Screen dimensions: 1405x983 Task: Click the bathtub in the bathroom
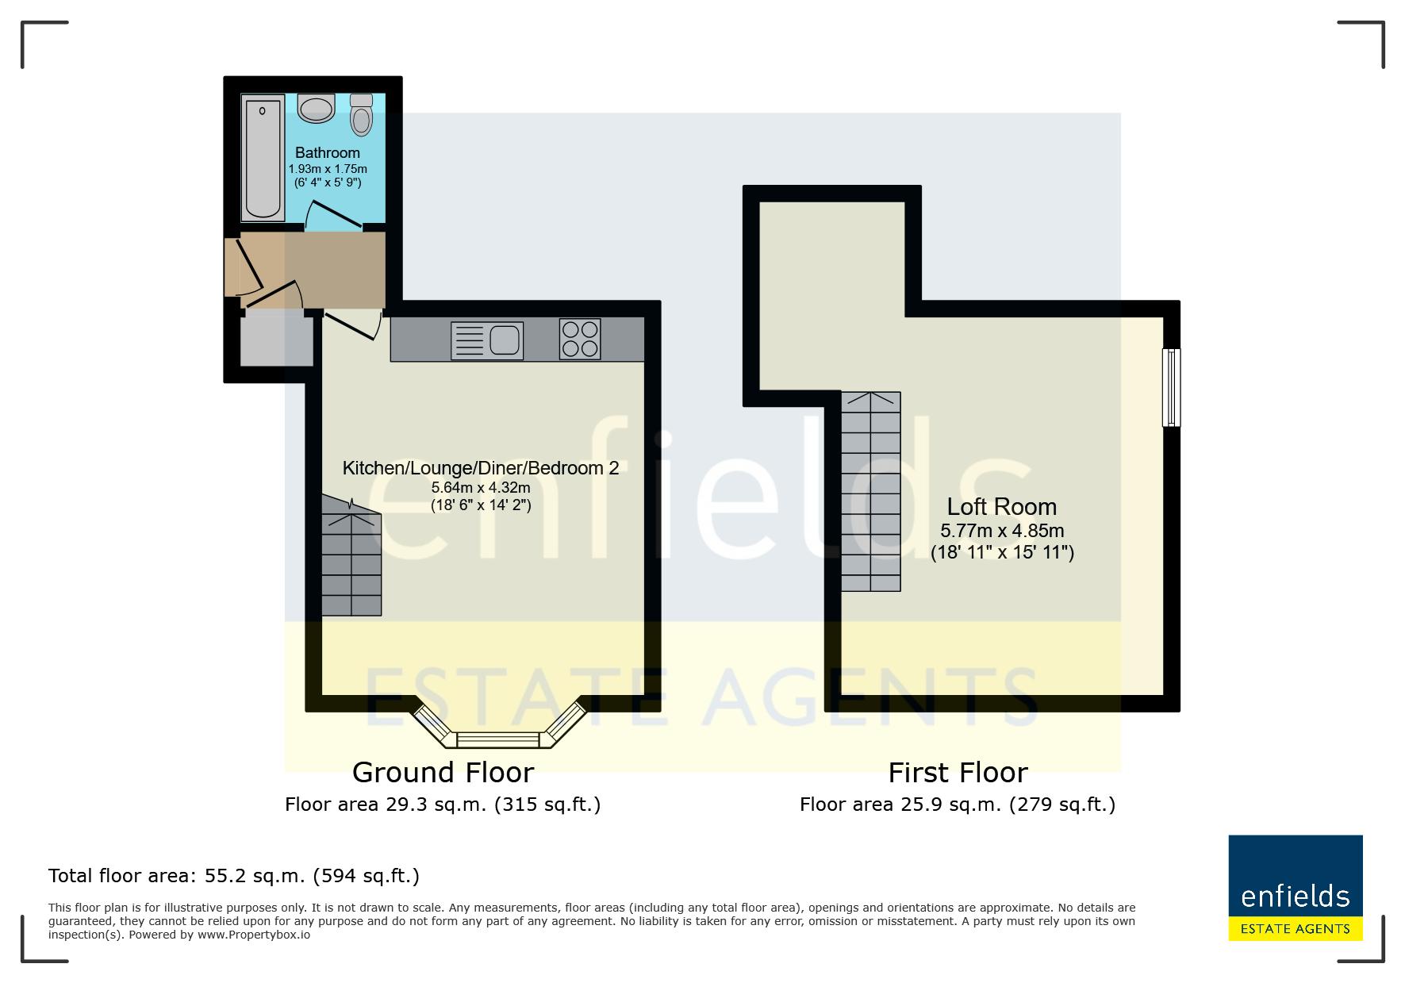coord(263,157)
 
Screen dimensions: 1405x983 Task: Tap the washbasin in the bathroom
coord(316,109)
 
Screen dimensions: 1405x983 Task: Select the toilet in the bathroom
coord(361,115)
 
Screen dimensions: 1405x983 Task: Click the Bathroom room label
coord(328,152)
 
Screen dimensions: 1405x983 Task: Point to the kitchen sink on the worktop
coord(487,340)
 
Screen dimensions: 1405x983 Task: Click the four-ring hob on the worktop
coord(580,340)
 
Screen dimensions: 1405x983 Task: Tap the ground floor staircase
coord(351,556)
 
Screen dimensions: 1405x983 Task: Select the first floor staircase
coord(870,491)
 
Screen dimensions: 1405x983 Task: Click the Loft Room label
coord(1002,506)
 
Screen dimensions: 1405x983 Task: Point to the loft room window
coord(1171,387)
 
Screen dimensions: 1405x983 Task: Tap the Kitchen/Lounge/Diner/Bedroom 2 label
coord(481,468)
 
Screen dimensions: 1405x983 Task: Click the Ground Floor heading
coord(443,772)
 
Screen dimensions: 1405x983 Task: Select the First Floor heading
coord(958,772)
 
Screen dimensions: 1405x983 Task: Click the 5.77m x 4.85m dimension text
coord(1002,531)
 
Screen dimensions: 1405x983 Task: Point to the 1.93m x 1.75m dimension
coord(328,169)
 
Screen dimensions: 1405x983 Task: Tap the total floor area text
coord(234,876)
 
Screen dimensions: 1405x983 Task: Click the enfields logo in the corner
coord(1296,888)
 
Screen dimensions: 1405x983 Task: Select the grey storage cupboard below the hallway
coord(277,340)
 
